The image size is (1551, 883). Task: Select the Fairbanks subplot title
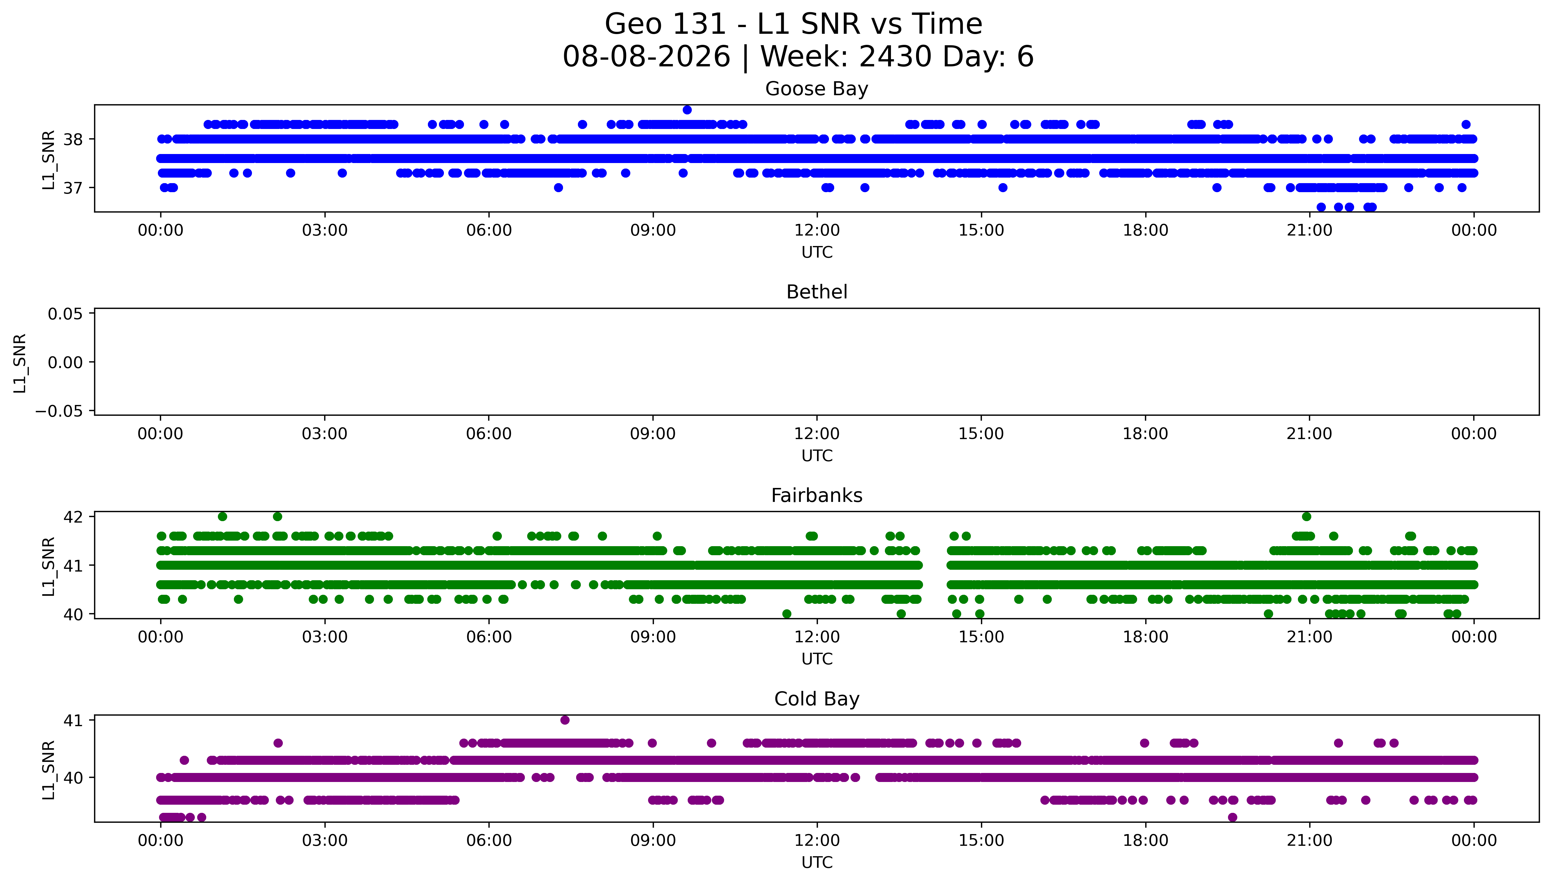click(x=816, y=496)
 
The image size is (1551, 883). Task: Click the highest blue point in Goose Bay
click(x=687, y=110)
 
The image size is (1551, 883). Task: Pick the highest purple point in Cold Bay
click(x=565, y=720)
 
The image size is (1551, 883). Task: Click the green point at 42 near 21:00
click(x=1307, y=517)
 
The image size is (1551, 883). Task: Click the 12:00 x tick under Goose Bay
click(x=817, y=231)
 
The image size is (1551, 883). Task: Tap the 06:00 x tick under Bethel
click(x=489, y=433)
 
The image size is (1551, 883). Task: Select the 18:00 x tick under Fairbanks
click(x=1145, y=637)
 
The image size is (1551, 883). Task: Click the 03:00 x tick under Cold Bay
click(x=324, y=840)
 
